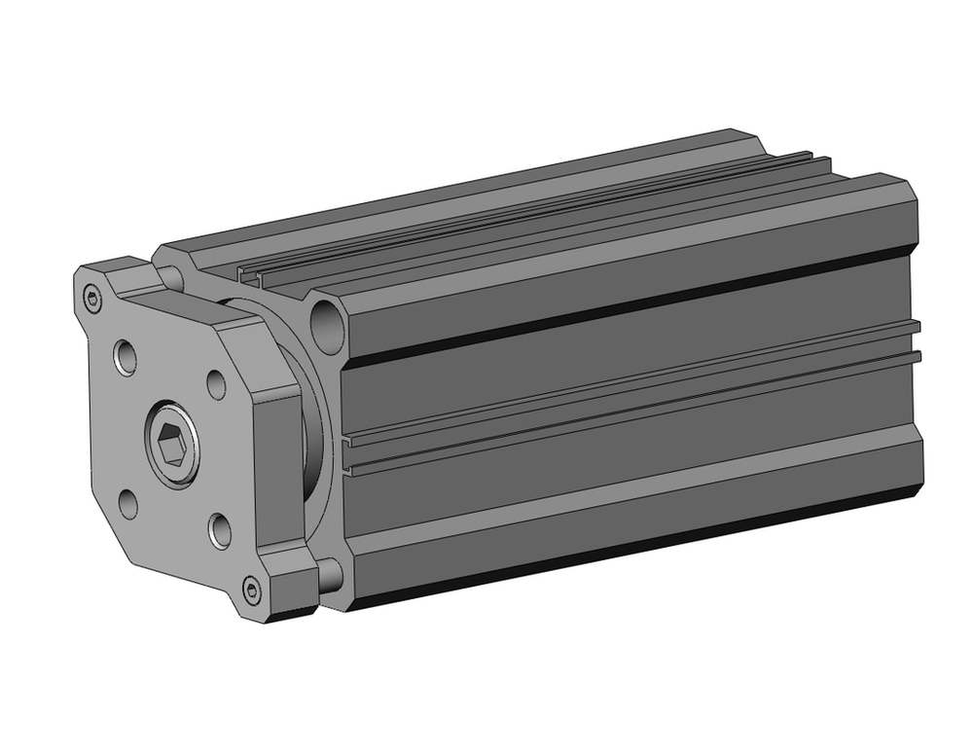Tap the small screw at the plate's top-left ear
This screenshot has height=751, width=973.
click(93, 300)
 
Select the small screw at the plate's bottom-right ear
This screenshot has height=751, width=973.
click(254, 590)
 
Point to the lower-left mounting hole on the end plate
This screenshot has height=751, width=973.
click(127, 503)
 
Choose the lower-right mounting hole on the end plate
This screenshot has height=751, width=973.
click(220, 530)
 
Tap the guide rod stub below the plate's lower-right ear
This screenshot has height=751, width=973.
click(329, 576)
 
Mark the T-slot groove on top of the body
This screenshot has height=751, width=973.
click(545, 219)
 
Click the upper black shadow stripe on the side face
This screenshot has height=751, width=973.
click(623, 309)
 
